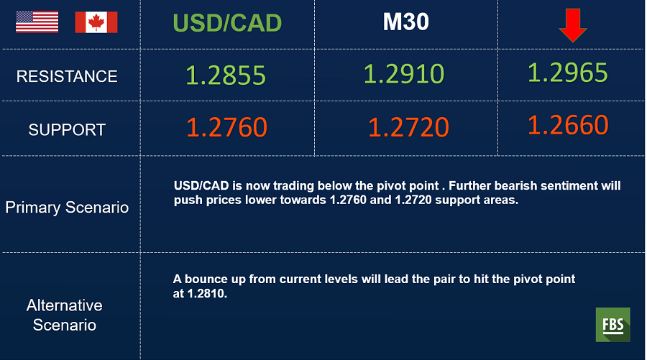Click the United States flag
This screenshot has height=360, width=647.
(37, 22)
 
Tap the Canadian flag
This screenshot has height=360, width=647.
(96, 22)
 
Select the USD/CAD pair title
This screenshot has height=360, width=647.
(227, 23)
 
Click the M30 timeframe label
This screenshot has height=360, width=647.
(406, 22)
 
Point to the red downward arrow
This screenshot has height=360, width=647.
(573, 25)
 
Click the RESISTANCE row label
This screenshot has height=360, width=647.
(67, 76)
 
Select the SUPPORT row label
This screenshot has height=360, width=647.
(67, 130)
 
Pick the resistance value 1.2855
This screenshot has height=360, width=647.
(226, 75)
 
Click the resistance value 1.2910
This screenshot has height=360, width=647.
(404, 74)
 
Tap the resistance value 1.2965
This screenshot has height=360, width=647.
(568, 72)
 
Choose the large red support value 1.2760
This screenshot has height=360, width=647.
(227, 127)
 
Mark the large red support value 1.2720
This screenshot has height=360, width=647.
(408, 127)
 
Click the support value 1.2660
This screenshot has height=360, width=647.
(568, 124)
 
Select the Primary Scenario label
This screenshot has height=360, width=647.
(67, 208)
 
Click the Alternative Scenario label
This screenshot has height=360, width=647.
(65, 315)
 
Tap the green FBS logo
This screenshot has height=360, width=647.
(612, 325)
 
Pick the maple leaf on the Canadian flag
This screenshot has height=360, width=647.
(96, 22)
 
